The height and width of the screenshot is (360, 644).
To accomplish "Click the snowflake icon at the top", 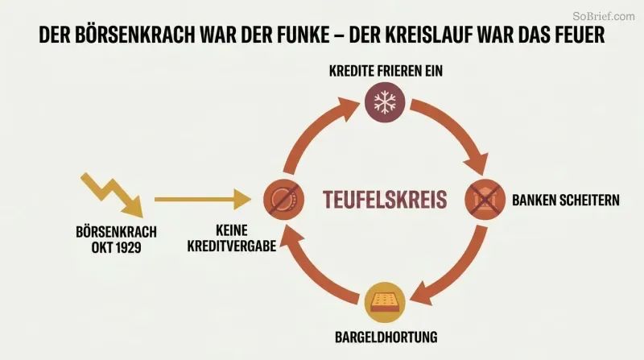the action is (x=385, y=102).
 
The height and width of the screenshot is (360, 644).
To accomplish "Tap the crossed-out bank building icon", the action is (x=485, y=199).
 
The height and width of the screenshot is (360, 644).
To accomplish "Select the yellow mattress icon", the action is (x=385, y=303).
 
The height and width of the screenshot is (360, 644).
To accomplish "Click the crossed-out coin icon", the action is (x=284, y=199).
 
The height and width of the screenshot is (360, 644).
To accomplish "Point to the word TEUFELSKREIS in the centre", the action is (x=385, y=199).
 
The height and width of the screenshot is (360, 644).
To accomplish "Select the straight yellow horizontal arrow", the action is (x=203, y=199).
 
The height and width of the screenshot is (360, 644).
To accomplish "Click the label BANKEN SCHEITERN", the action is (x=566, y=201).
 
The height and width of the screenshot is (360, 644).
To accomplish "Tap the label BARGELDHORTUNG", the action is (x=386, y=337).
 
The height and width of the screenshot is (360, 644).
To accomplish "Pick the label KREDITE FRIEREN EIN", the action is (x=386, y=71).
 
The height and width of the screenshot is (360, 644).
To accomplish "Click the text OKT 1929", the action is (x=116, y=248).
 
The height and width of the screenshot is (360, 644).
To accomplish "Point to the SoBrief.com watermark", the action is (x=604, y=16).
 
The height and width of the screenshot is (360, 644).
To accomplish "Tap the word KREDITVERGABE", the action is (x=232, y=246).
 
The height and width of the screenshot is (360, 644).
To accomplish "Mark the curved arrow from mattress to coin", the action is (x=314, y=271).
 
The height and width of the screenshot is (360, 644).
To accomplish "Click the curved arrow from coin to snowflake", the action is (x=314, y=127).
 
